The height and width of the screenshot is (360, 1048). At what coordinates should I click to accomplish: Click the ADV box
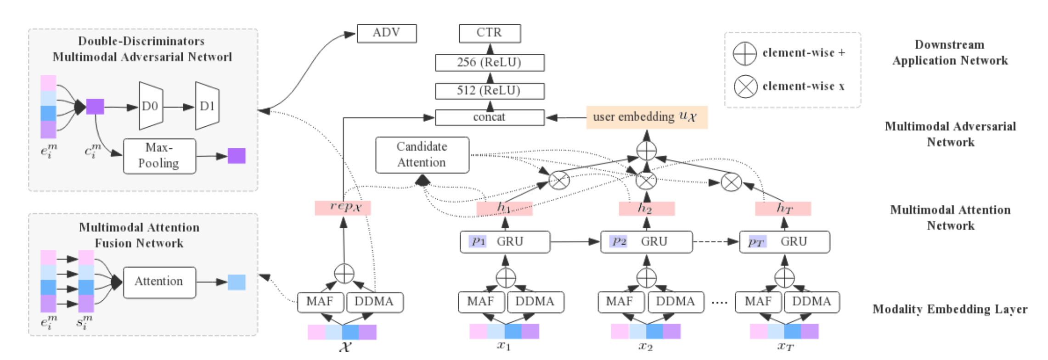387,34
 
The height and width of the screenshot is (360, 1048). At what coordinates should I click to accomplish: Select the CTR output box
490,34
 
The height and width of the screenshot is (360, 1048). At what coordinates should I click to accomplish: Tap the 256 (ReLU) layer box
490,62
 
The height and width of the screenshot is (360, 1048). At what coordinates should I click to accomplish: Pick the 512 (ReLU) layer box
490,91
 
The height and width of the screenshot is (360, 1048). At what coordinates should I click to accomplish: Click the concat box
490,118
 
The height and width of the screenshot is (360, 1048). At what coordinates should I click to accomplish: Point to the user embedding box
646,118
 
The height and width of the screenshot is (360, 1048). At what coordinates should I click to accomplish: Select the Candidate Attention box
422,155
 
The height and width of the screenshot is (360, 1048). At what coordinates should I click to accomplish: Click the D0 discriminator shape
151,107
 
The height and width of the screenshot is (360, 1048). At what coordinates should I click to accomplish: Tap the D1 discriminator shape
207,107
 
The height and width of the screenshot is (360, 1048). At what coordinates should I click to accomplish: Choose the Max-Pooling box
159,156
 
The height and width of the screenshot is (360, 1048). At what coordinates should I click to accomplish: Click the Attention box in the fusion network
159,281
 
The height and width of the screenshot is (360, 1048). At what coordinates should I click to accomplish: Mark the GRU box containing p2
646,242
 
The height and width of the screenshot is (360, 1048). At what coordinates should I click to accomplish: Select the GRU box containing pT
784,242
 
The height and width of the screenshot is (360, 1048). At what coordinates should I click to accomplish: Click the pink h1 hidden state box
504,208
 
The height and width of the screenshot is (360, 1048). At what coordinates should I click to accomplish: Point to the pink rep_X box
343,208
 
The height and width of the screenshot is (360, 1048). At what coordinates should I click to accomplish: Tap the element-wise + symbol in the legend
744,53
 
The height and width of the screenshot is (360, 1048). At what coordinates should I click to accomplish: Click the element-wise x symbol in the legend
745,86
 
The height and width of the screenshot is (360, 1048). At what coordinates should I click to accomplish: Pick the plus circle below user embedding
646,150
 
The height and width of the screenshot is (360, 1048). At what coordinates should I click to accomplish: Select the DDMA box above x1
535,302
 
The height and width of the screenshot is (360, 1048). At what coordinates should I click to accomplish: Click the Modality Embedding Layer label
950,309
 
